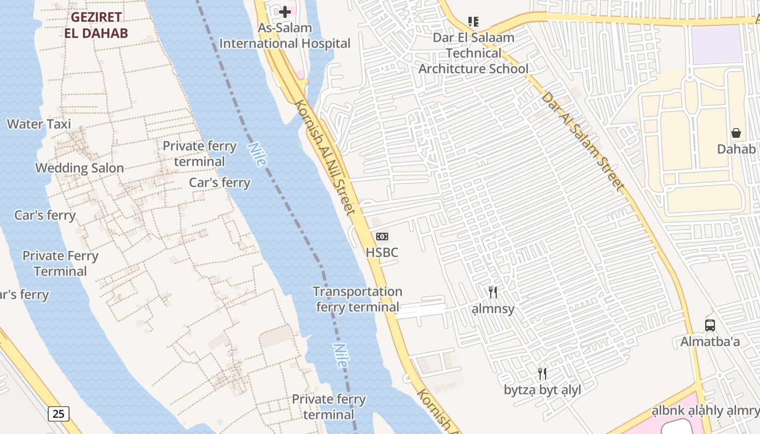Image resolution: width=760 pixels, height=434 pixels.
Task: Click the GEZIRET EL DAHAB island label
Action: click(96, 25)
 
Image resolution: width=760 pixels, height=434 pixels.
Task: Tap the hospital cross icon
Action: click(285, 11)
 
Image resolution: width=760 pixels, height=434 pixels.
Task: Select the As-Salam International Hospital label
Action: click(285, 36)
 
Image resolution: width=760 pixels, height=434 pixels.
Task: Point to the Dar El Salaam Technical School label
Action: click(473, 53)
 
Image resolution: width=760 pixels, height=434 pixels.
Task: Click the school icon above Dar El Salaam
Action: click(473, 22)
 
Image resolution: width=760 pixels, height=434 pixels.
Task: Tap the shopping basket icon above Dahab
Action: click(736, 133)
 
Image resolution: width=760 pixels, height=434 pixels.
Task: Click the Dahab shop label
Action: click(736, 149)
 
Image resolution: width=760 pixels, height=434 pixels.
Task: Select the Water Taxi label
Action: click(39, 124)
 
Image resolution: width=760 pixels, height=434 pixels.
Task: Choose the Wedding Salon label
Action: click(80, 168)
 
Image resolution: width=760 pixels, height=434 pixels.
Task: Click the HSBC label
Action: click(382, 252)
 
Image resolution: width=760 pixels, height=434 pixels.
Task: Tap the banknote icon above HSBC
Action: click(382, 237)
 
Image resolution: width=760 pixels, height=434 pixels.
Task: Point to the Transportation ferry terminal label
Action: click(357, 299)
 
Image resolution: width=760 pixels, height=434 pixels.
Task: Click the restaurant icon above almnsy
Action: click(493, 292)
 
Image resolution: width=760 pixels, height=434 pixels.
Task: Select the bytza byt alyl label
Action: click(542, 390)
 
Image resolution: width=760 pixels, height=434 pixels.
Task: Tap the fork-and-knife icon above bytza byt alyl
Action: click(542, 373)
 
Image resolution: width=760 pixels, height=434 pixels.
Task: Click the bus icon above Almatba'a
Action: click(710, 325)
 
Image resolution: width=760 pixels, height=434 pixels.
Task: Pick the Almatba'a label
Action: click(710, 342)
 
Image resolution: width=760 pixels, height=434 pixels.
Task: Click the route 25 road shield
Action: click(59, 414)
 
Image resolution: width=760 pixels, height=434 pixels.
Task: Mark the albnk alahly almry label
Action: click(706, 411)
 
